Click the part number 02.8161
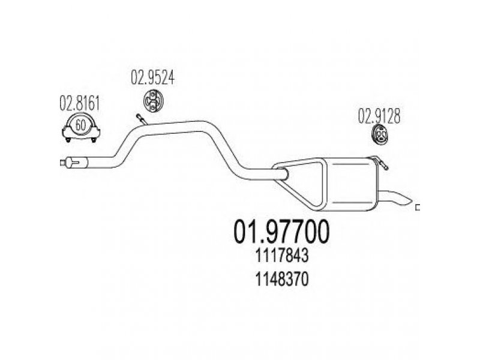click(80, 103)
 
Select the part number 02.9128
click(379, 116)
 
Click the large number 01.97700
click(281, 232)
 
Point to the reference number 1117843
click(281, 256)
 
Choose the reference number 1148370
click(281, 280)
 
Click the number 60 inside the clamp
click(80, 125)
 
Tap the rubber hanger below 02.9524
click(153, 100)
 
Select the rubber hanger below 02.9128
click(380, 134)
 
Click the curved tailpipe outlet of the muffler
click(395, 197)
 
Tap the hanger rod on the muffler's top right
click(379, 161)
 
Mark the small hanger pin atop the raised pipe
click(142, 119)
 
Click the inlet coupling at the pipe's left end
click(74, 162)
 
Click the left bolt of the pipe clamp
click(68, 140)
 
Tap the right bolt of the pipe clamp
click(94, 140)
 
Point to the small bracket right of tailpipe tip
click(417, 208)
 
